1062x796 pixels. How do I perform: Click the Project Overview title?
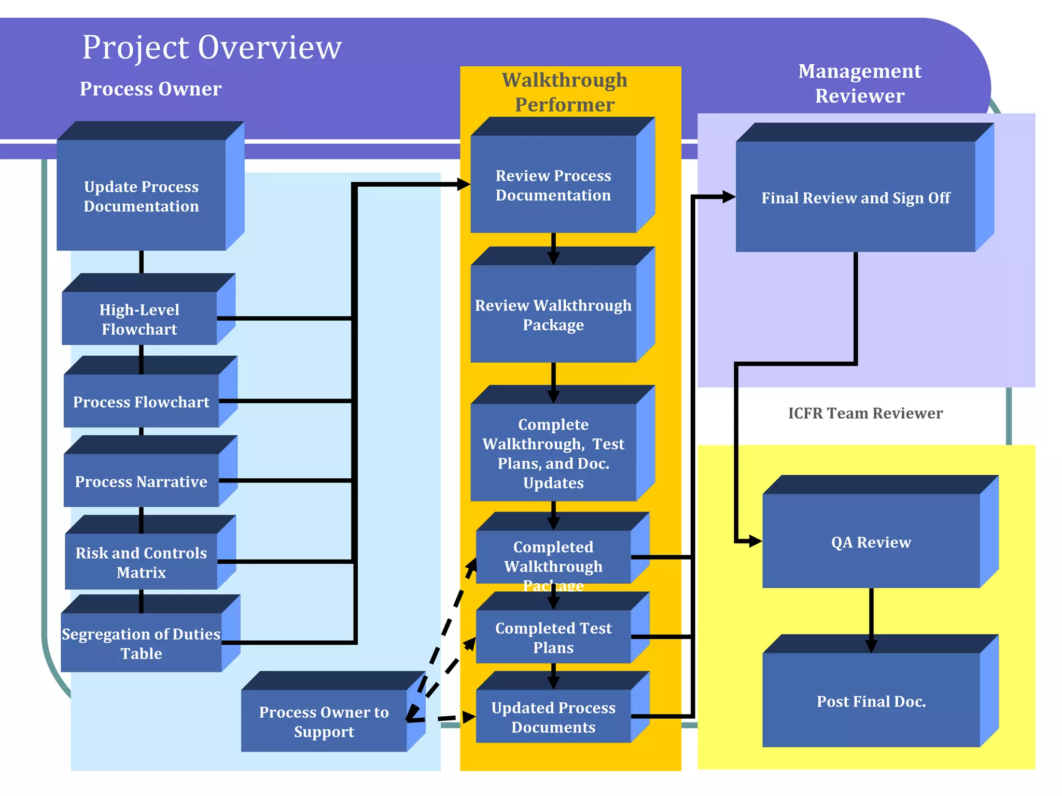point(212,48)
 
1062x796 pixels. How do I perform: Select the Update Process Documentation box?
point(141,196)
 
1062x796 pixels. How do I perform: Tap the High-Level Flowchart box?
point(139,319)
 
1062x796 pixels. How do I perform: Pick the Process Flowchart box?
point(141,402)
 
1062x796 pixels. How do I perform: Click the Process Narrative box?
point(141,481)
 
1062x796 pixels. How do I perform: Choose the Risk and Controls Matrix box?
point(141,562)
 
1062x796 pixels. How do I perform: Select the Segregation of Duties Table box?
point(141,643)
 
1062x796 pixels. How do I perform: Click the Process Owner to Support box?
point(324,721)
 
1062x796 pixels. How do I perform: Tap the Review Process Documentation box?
point(553,185)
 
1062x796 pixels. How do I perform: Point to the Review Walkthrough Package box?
point(553,315)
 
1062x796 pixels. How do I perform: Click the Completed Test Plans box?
point(553,637)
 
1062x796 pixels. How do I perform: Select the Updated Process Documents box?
point(553,717)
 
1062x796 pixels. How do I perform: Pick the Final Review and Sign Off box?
point(855,197)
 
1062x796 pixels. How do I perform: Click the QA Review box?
point(871,542)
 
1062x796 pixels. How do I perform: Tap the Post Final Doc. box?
point(871,701)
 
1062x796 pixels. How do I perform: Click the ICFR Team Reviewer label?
point(865,413)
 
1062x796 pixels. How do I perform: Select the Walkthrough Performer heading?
point(564,92)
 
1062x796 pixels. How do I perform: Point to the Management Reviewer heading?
point(859,83)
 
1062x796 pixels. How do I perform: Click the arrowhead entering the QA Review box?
point(755,542)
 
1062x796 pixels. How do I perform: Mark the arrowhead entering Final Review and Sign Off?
point(729,197)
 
